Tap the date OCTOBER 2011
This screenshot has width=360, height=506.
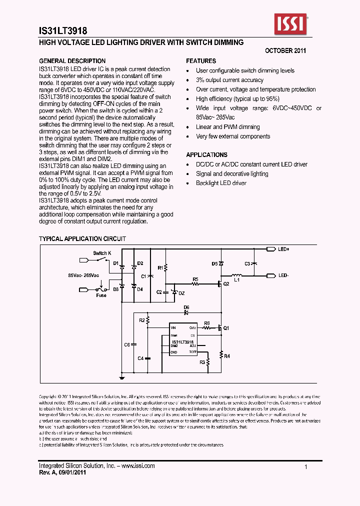click(x=285, y=51)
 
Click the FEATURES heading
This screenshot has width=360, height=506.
click(x=201, y=61)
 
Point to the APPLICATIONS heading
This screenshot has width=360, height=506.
click(x=206, y=155)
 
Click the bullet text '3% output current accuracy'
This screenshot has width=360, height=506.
click(x=229, y=80)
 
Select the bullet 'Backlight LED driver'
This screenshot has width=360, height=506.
click(x=221, y=183)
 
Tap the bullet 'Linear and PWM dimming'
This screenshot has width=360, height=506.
click(x=227, y=127)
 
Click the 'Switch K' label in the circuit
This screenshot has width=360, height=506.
click(x=102, y=253)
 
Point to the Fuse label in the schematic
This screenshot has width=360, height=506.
click(x=102, y=295)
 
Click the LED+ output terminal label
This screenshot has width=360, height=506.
click(x=283, y=249)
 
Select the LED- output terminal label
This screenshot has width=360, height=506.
click(x=283, y=275)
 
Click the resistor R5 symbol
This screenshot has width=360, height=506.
click(x=195, y=284)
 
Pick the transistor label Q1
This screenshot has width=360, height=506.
click(x=226, y=328)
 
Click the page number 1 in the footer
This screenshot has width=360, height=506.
click(x=305, y=466)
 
